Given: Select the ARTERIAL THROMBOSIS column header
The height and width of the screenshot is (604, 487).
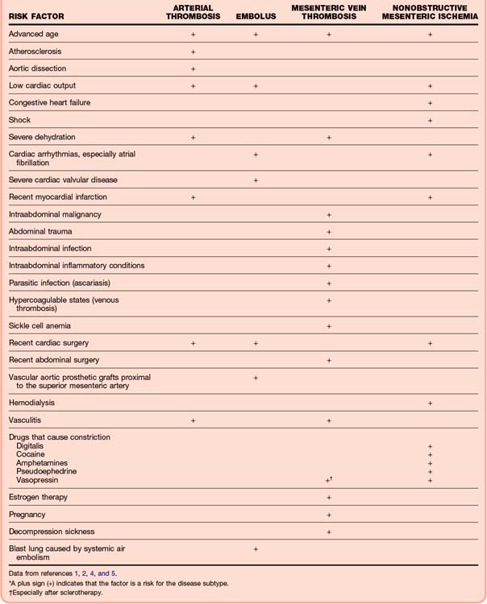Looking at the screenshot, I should [193, 12].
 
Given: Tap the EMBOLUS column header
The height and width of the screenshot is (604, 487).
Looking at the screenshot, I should [256, 16].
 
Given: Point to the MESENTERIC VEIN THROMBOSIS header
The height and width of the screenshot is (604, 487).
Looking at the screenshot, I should [329, 12].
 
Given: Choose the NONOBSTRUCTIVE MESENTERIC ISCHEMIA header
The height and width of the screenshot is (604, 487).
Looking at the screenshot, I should [430, 12].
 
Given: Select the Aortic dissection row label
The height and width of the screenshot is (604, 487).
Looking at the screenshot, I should [37, 68].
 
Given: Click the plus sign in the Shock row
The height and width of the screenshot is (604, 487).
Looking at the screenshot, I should [430, 120].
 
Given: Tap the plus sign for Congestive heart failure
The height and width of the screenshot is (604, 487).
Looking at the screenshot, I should [430, 103].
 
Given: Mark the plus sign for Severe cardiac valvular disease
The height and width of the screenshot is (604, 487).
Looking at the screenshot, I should [256, 180].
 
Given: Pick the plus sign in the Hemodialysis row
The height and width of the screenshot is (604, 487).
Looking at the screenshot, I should [430, 403].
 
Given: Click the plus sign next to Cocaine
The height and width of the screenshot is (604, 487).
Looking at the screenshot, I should [430, 454].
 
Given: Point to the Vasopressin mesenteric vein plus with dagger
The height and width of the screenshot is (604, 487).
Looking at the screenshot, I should [329, 479].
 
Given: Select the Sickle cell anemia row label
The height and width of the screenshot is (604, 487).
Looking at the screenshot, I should [40, 325].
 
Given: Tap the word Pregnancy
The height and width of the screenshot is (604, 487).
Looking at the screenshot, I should [27, 515].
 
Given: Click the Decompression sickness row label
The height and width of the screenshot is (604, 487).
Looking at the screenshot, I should [52, 532].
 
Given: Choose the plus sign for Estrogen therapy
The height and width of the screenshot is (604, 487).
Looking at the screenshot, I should [329, 498].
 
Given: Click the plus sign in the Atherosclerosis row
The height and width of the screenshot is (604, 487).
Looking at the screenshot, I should [193, 52].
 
